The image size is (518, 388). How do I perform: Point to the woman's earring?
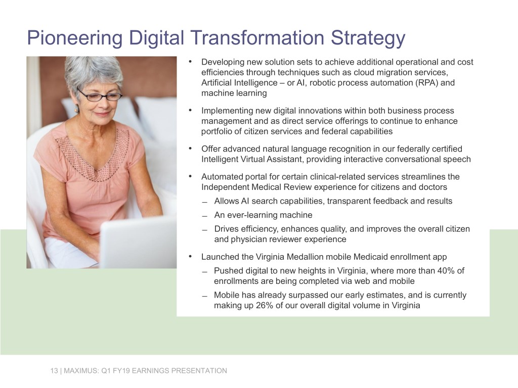pyautogui.click(x=77, y=110)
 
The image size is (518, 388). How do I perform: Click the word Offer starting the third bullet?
pyautogui.click(x=211, y=149)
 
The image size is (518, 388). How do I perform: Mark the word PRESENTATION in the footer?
pyautogui.click(x=199, y=371)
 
